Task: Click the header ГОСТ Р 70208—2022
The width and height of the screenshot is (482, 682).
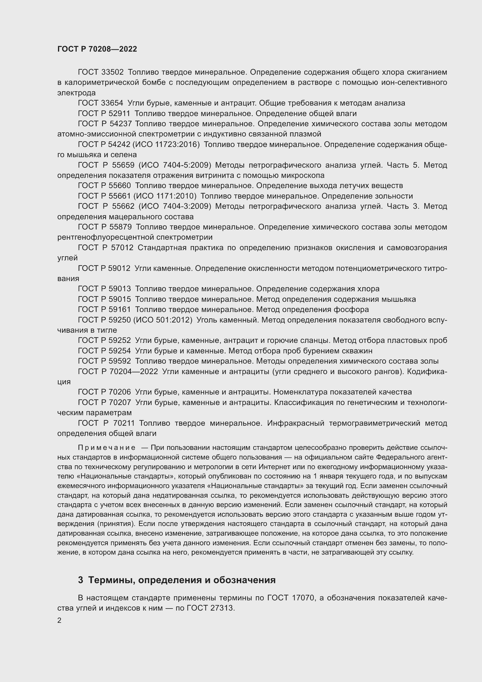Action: [x=97, y=49]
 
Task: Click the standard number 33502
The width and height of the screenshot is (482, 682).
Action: [x=112, y=72]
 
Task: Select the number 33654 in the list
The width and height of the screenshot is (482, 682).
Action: [x=112, y=103]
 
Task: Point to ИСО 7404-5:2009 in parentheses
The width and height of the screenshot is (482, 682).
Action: [x=175, y=165]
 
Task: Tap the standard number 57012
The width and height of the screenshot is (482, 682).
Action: [x=122, y=248]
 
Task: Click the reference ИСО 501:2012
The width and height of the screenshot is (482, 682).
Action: [x=163, y=320]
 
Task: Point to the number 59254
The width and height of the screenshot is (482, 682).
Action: [x=119, y=351]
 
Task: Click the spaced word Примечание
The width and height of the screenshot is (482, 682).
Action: [x=107, y=447]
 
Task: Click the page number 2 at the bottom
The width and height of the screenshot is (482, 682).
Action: [x=59, y=620]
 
